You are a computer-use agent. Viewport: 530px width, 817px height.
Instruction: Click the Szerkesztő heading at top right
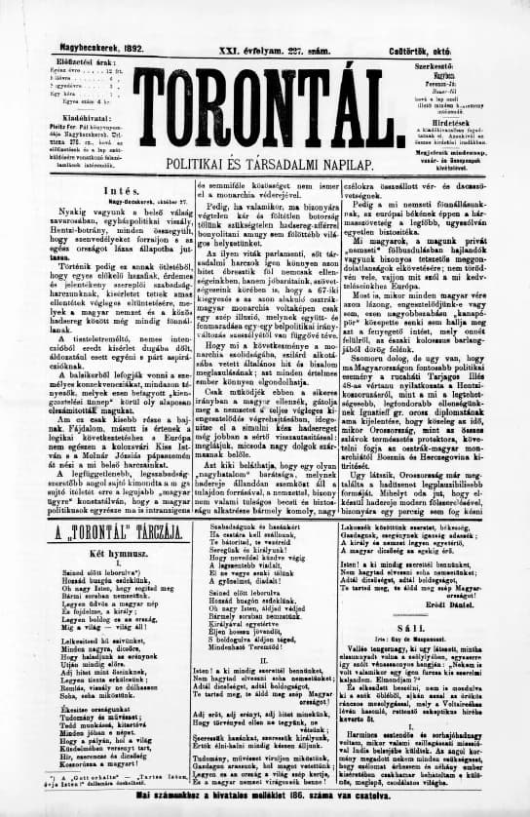462,35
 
